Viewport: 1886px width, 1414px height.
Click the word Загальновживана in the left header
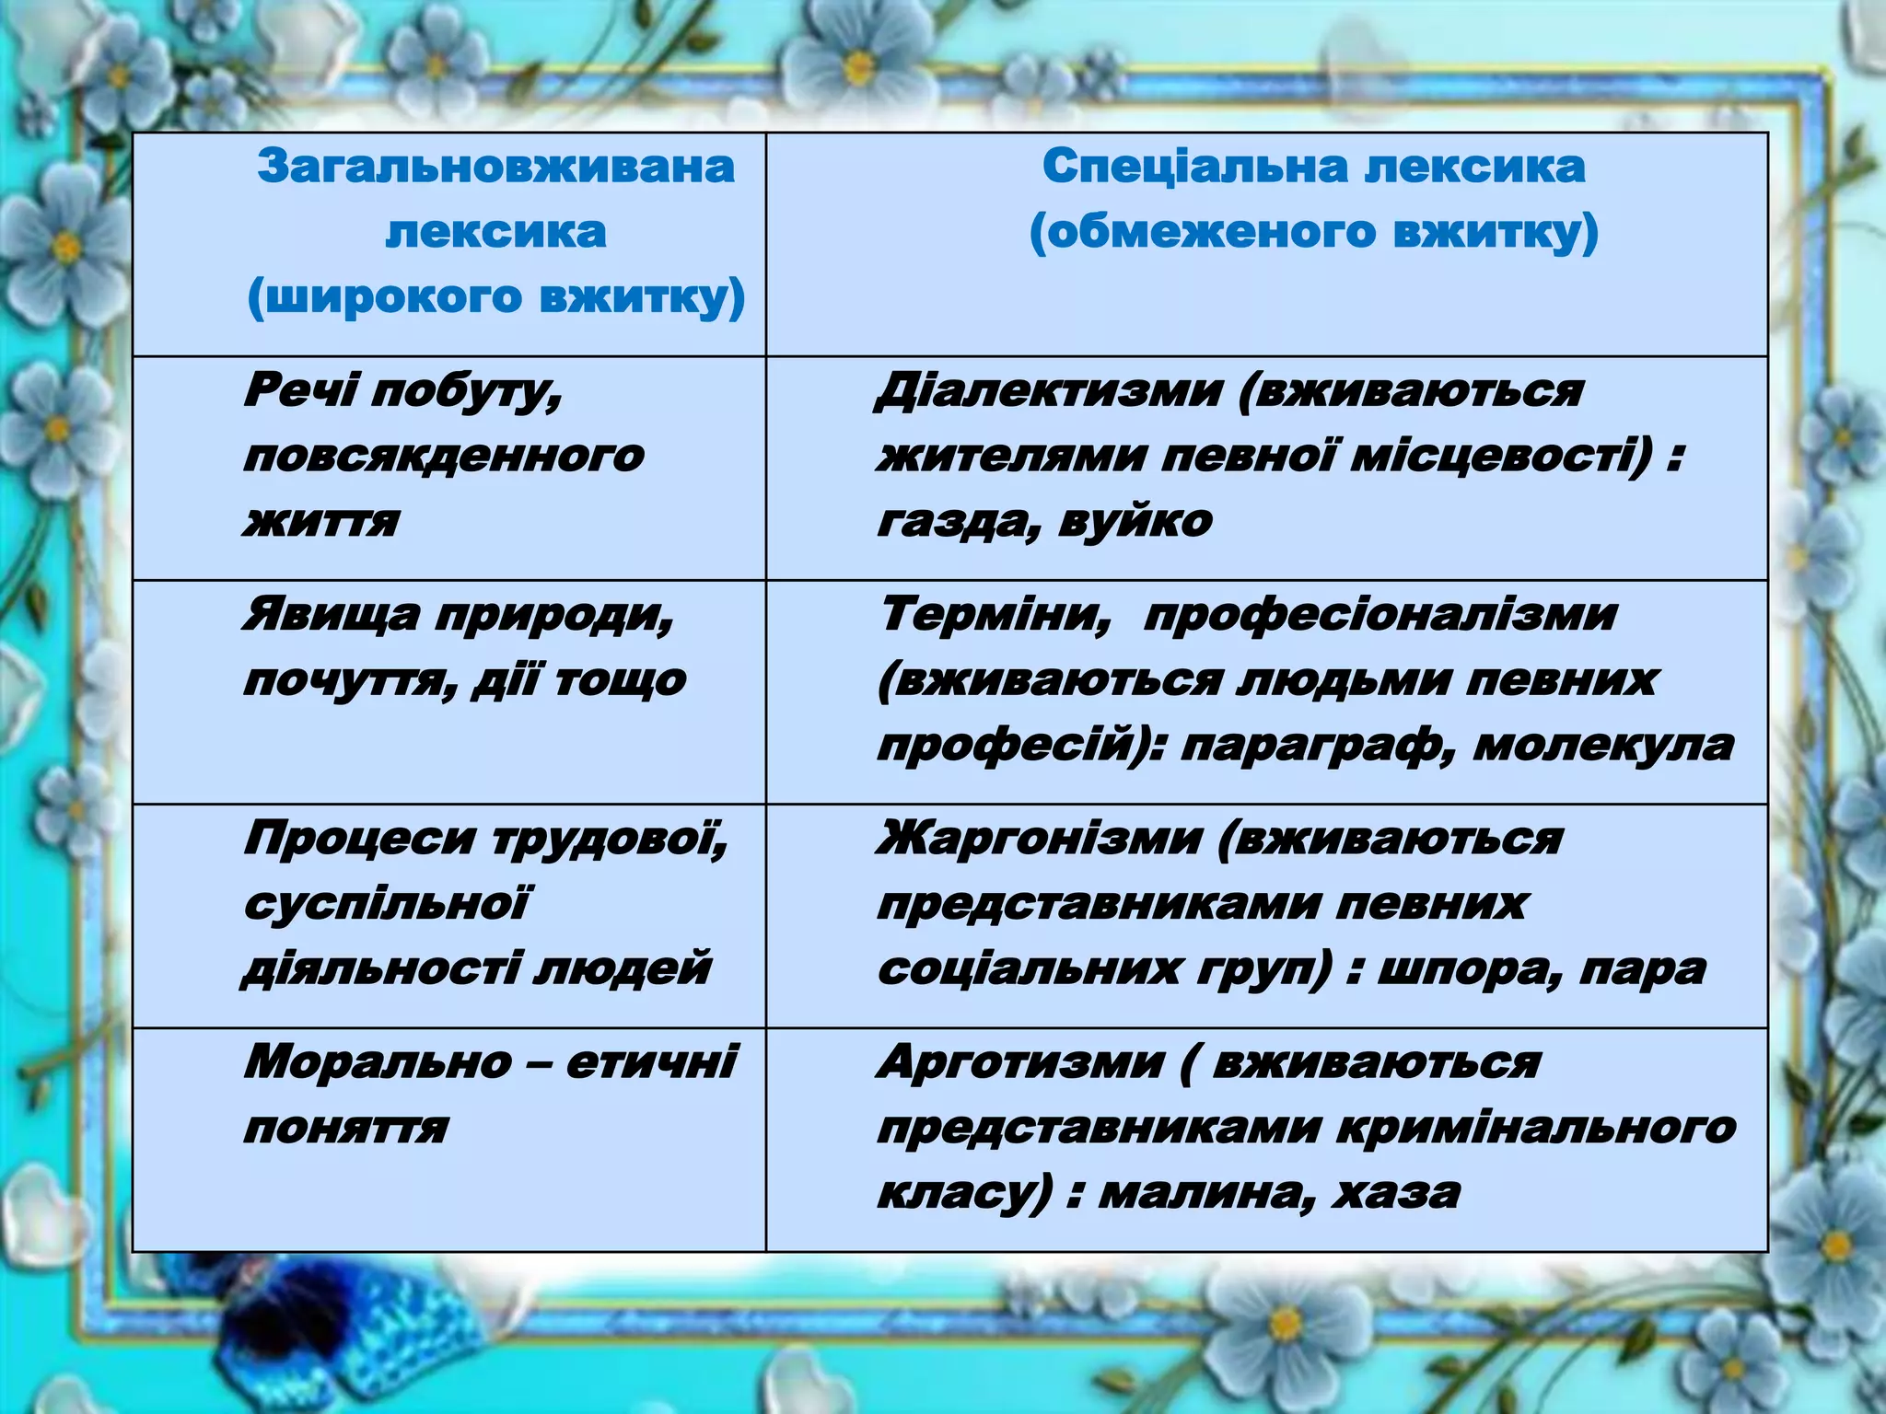[x=495, y=167]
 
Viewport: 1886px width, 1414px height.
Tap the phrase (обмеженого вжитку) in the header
[x=1313, y=232]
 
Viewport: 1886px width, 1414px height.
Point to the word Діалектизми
[x=1049, y=390]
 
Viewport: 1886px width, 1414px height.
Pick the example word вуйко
[x=1136, y=522]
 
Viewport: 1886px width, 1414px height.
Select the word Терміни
[x=995, y=614]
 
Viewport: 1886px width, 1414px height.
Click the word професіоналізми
[x=1379, y=614]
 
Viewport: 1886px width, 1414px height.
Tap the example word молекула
[x=1603, y=745]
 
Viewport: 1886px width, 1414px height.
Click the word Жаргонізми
[x=1040, y=838]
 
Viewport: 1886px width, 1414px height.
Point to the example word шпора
[x=1461, y=969]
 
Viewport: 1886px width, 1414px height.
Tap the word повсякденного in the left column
[x=444, y=457]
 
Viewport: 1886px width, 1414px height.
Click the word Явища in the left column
[x=331, y=614]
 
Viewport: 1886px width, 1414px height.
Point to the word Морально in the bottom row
[x=378, y=1062]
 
